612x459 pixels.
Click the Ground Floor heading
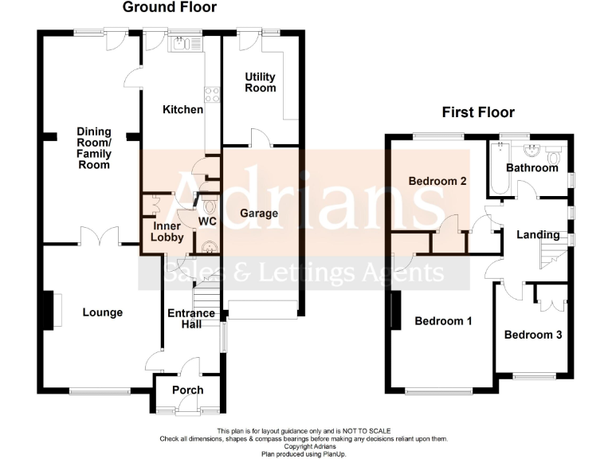169,8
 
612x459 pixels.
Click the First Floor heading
480,112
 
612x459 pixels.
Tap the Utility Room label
261,82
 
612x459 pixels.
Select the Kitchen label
182,109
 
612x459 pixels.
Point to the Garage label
259,213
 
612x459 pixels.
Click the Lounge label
103,312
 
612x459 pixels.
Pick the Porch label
188,390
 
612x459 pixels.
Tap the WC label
207,220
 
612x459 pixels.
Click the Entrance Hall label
191,319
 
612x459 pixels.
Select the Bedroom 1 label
444,321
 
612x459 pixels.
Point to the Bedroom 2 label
437,181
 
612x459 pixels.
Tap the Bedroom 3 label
533,335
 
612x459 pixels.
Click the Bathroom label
532,168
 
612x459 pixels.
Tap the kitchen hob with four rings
213,95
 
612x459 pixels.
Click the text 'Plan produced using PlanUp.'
305,454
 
